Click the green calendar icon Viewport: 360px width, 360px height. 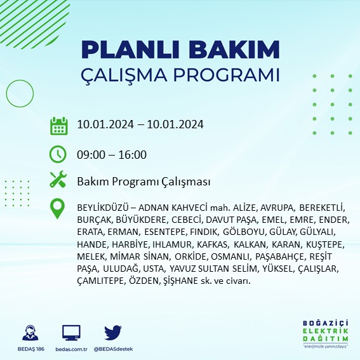58,125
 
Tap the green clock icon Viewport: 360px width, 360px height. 58,154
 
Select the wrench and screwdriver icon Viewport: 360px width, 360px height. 58,181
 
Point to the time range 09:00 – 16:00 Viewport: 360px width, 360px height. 112,154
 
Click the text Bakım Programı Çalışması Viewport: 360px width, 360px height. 143,182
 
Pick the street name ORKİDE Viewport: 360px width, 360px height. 190,257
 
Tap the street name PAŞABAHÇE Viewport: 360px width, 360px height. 281,257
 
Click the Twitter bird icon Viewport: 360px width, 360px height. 113,333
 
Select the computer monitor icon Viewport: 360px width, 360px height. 71,333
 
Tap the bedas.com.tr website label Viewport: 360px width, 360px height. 71,349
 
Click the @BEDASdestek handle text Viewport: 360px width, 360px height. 113,349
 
